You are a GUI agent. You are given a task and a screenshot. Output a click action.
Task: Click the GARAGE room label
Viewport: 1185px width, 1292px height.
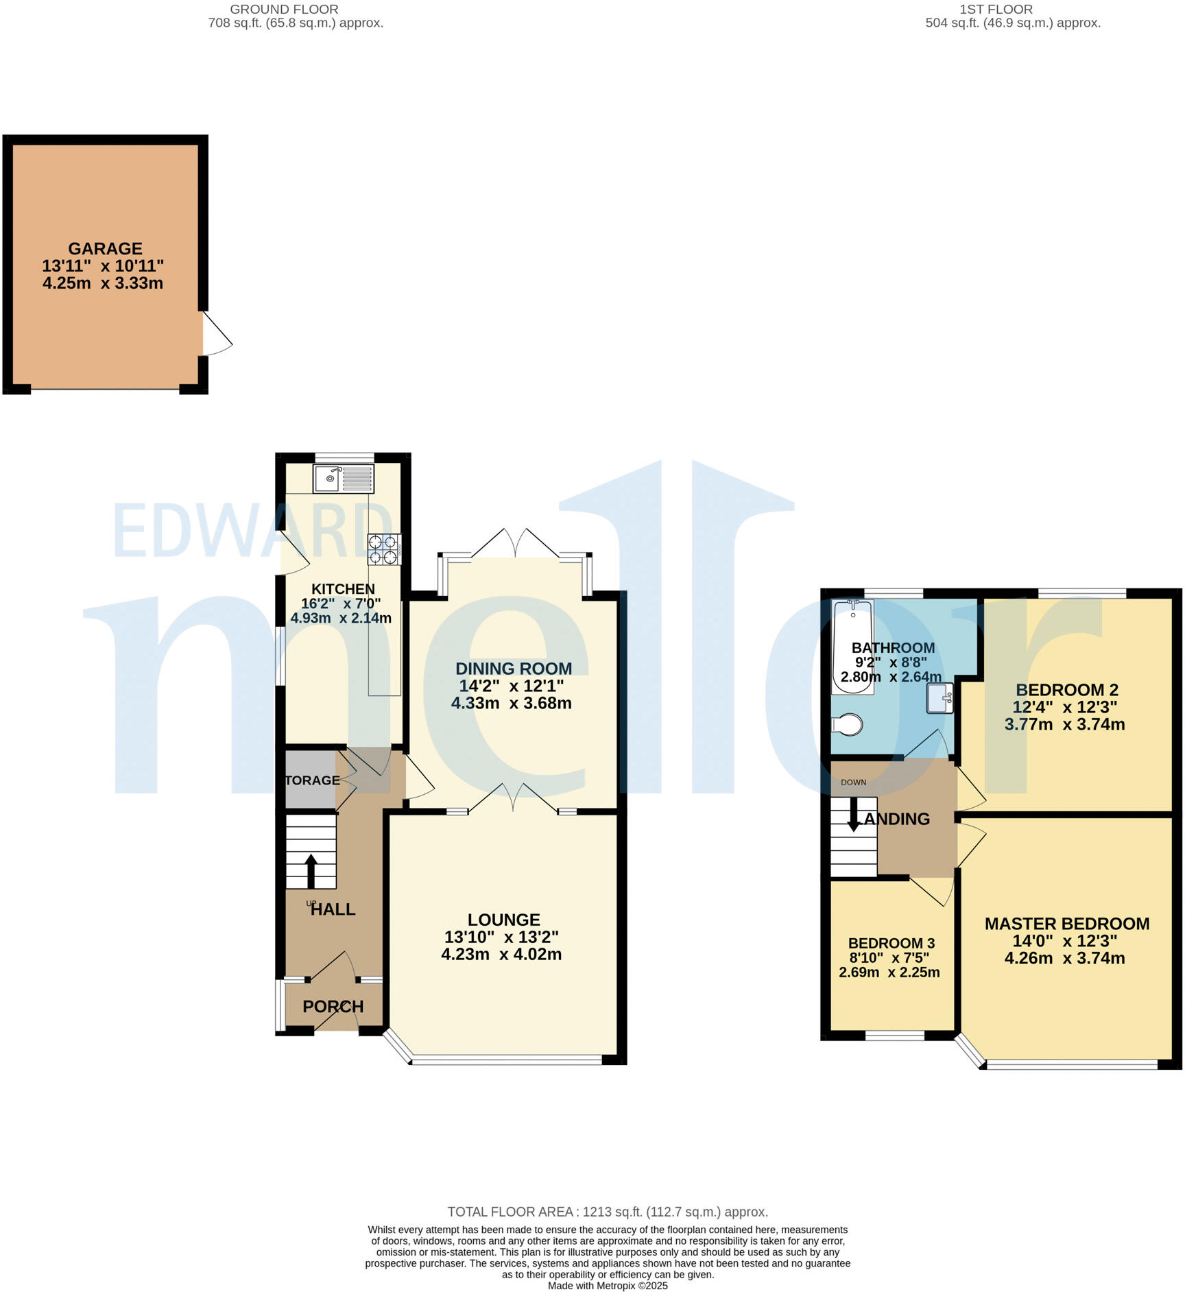tap(105, 248)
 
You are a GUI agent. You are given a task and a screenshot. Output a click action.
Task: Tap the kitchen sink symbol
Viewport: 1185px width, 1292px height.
tap(343, 478)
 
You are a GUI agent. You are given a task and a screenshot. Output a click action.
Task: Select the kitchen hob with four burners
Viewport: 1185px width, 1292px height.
tap(384, 549)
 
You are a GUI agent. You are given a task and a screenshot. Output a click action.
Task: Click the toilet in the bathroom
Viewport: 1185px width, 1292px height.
tap(848, 724)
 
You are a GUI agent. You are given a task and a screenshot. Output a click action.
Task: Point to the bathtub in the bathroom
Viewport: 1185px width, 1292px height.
tap(852, 647)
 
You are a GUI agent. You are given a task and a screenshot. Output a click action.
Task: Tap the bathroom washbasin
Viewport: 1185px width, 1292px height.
tap(939, 698)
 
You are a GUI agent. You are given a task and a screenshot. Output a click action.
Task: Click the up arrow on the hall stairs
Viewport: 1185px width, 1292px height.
tap(311, 870)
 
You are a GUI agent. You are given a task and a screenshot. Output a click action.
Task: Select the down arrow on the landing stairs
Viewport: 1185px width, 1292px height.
tap(853, 815)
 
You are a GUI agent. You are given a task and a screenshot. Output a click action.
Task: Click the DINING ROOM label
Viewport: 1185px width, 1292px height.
tap(513, 669)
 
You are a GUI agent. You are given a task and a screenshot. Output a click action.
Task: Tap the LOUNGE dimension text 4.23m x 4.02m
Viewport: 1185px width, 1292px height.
tap(501, 954)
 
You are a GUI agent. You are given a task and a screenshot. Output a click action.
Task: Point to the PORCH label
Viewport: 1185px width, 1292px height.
tap(333, 1006)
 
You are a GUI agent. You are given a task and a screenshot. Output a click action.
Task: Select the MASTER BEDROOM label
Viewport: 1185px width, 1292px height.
tap(1066, 924)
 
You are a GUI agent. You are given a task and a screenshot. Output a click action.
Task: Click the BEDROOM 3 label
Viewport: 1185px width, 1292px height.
tap(891, 943)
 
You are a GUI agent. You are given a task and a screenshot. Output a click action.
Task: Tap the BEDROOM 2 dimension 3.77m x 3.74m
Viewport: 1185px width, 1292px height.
tap(1064, 724)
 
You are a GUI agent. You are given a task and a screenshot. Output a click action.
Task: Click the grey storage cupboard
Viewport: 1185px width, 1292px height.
tap(310, 780)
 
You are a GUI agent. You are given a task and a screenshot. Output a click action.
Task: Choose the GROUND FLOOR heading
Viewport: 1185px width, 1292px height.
tap(284, 10)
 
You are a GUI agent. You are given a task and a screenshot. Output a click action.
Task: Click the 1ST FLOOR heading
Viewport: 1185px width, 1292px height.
tap(996, 10)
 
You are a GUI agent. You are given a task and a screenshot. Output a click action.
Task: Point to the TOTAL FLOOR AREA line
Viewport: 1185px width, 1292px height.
tap(607, 1212)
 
